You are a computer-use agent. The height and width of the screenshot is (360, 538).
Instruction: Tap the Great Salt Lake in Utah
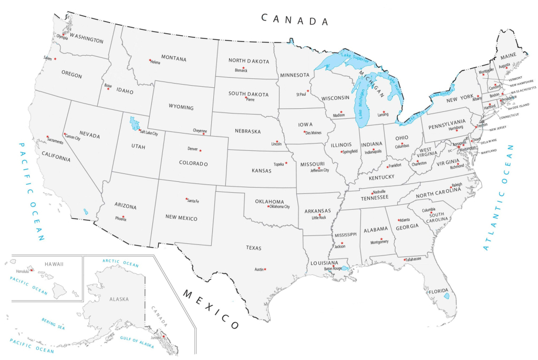click(134, 124)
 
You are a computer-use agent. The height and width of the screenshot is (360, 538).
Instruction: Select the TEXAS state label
click(254, 247)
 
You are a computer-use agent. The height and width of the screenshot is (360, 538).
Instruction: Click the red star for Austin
click(265, 270)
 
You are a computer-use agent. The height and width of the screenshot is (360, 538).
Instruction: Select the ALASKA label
click(118, 299)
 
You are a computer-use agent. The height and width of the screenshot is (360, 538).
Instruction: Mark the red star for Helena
click(150, 60)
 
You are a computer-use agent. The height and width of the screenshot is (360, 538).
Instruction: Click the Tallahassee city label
click(413, 259)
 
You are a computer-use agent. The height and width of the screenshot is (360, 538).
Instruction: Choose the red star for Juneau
click(163, 336)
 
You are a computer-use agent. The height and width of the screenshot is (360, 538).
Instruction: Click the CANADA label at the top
click(295, 20)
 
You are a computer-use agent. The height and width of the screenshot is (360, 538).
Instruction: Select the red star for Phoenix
click(123, 217)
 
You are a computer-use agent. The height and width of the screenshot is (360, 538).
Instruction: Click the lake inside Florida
click(447, 296)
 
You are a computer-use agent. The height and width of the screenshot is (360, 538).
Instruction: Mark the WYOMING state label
click(181, 108)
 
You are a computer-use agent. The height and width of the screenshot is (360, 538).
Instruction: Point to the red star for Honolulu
click(32, 270)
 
